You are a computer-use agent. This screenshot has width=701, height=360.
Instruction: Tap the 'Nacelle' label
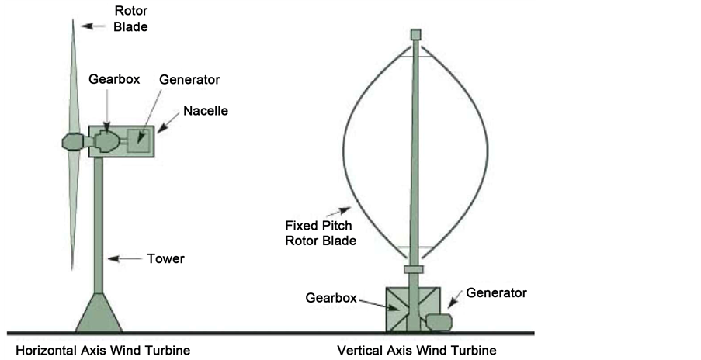point(206,111)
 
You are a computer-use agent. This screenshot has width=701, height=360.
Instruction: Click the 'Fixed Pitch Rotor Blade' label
point(321,233)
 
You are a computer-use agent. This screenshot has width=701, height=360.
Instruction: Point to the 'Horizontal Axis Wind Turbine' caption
point(102,351)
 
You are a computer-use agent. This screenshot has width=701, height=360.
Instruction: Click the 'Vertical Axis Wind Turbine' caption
point(417,351)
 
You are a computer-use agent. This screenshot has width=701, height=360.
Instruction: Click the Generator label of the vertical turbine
point(496,292)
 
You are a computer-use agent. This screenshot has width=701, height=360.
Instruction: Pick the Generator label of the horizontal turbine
point(189,80)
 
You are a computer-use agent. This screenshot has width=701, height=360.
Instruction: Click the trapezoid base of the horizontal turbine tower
point(99,313)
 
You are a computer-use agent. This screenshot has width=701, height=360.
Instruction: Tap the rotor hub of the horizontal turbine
point(71,141)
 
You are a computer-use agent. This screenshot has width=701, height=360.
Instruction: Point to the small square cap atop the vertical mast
point(415,34)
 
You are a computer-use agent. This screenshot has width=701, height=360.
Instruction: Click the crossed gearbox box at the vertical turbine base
point(401,308)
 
